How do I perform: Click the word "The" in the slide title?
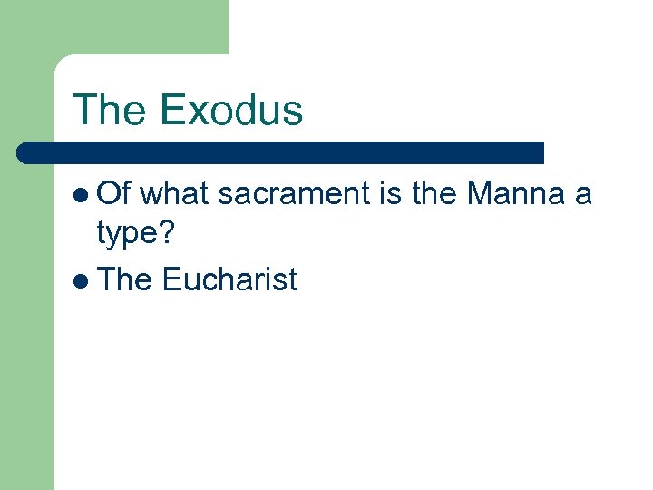click(110, 110)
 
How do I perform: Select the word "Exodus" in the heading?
click(230, 110)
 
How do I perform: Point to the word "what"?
click(176, 193)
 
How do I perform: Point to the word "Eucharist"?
click(229, 279)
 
